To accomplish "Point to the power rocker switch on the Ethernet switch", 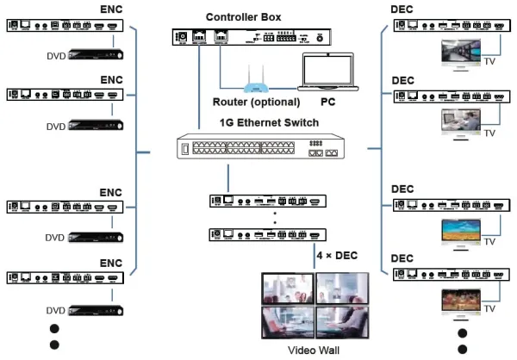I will click(183, 152).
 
